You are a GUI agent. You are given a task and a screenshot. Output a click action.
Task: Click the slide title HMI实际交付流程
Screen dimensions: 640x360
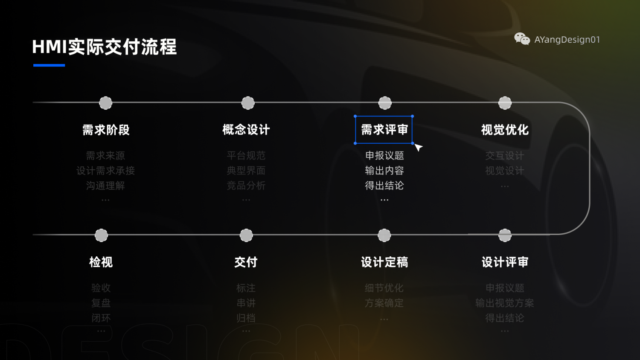click(x=104, y=47)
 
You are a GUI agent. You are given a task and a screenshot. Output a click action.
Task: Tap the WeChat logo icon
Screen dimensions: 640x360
click(x=522, y=39)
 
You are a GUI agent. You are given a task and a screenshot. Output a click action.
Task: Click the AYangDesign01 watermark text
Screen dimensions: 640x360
click(x=567, y=40)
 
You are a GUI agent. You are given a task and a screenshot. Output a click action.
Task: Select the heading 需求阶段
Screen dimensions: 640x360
click(x=106, y=130)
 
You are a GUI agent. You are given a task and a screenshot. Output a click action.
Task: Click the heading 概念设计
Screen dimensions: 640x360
click(x=246, y=130)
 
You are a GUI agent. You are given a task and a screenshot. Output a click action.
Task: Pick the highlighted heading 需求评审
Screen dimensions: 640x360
click(x=384, y=130)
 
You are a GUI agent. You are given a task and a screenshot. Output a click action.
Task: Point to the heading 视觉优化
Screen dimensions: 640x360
click(x=505, y=130)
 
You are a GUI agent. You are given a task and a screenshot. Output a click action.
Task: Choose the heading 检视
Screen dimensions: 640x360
click(x=101, y=262)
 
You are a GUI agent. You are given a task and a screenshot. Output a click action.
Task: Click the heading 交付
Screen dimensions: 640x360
click(x=246, y=262)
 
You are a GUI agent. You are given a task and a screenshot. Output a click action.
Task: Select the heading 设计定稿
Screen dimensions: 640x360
click(x=384, y=262)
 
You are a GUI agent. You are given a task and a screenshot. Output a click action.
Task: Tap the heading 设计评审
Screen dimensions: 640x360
click(x=505, y=262)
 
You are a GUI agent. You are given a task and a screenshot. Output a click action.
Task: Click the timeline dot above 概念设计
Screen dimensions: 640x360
click(x=248, y=103)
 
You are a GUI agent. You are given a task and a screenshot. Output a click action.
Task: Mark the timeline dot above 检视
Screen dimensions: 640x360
click(x=101, y=235)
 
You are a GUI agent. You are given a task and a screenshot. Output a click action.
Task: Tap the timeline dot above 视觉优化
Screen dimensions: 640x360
click(x=505, y=103)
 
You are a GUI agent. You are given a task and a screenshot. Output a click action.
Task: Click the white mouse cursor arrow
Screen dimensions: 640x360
click(x=418, y=147)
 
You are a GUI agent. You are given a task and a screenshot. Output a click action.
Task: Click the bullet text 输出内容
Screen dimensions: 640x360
click(x=384, y=171)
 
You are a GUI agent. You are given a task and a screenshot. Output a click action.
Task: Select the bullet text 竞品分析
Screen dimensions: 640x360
click(x=246, y=186)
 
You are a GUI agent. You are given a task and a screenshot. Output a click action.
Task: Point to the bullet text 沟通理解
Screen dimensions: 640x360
click(x=105, y=186)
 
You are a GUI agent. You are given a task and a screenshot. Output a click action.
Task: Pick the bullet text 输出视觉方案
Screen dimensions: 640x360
click(x=505, y=303)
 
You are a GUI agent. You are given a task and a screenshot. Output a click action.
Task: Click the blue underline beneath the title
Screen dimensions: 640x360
click(x=49, y=65)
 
